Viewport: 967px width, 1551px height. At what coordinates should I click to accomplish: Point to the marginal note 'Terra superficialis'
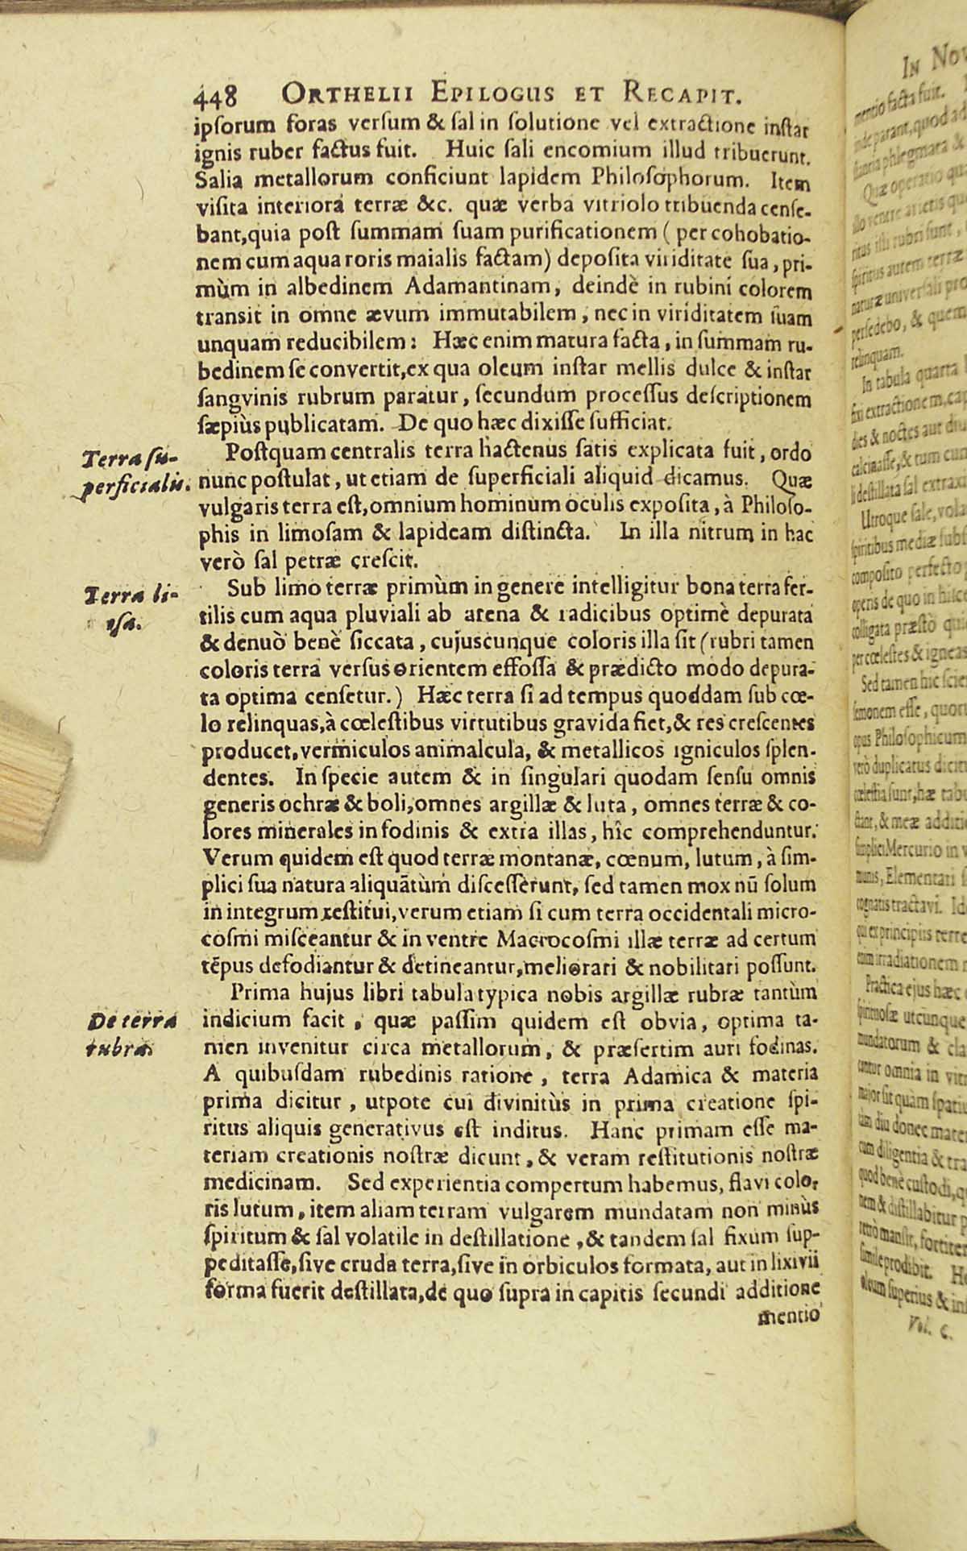pos(133,471)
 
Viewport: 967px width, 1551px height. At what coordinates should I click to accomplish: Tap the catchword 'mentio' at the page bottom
pos(789,1317)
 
